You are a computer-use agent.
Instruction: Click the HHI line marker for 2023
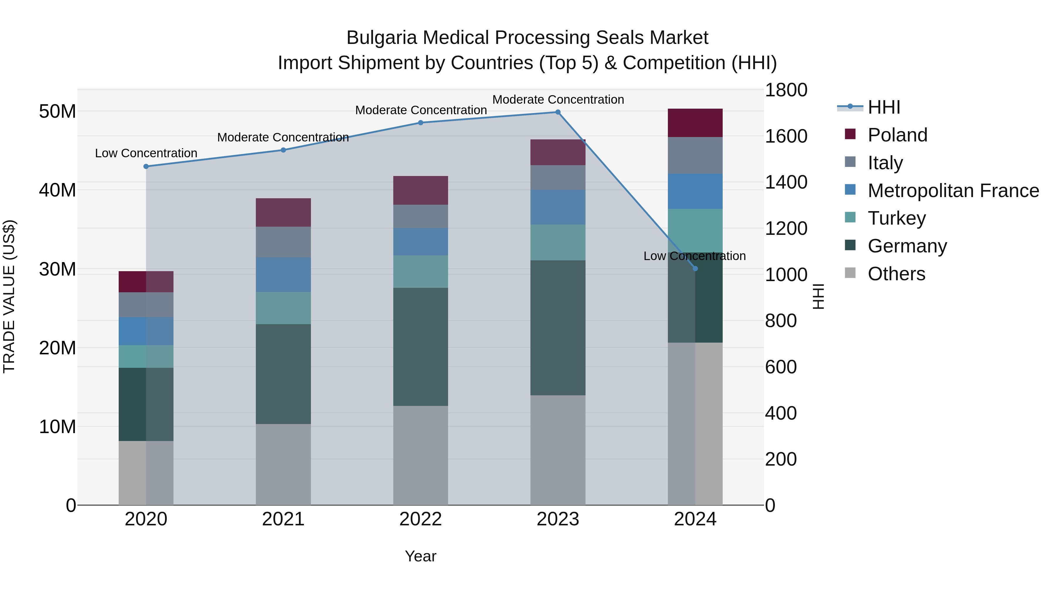click(x=558, y=112)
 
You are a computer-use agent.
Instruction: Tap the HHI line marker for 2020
click(x=146, y=167)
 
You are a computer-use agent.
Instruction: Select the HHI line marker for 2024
click(x=695, y=269)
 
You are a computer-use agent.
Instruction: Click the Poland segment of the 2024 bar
click(x=695, y=123)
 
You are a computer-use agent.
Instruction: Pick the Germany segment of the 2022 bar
click(x=421, y=347)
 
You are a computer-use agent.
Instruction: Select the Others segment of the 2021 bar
click(x=283, y=464)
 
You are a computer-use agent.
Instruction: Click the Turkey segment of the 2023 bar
click(x=558, y=242)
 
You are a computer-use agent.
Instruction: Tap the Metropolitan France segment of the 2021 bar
click(x=283, y=275)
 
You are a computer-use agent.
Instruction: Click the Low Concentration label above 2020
click(x=146, y=153)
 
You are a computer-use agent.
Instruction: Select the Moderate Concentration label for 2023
click(x=558, y=100)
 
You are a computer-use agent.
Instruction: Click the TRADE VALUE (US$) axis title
click(x=9, y=297)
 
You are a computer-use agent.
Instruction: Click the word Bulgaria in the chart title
click(x=382, y=38)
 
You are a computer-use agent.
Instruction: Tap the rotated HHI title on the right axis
click(x=818, y=297)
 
